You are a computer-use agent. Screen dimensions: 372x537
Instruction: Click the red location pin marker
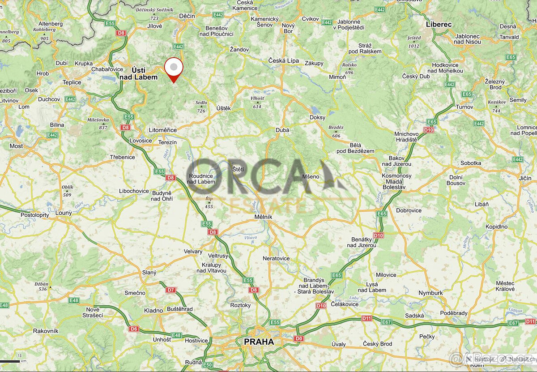click(174, 68)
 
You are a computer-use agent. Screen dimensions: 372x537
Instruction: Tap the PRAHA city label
click(259, 342)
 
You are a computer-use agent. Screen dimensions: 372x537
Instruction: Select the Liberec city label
click(439, 24)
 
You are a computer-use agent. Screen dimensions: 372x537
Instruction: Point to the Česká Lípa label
click(283, 60)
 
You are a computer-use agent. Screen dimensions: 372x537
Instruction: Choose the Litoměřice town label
click(162, 130)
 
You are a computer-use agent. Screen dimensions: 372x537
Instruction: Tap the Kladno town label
click(153, 310)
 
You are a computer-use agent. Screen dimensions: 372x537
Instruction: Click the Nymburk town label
click(430, 293)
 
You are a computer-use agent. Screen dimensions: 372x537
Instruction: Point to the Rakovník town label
click(46, 331)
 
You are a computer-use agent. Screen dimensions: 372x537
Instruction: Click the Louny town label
click(64, 213)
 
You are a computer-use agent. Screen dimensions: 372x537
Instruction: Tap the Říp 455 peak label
click(209, 202)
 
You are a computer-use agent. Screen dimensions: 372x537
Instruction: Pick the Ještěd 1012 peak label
click(414, 42)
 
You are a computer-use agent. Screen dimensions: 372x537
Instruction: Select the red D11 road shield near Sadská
click(367, 318)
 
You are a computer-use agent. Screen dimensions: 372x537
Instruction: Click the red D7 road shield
click(171, 290)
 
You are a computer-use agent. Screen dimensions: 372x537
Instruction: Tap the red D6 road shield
click(134, 329)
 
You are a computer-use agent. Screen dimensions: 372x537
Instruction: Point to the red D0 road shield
click(299, 338)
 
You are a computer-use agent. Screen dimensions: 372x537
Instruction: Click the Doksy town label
click(317, 117)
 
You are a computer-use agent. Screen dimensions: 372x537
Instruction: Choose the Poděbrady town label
click(454, 312)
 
